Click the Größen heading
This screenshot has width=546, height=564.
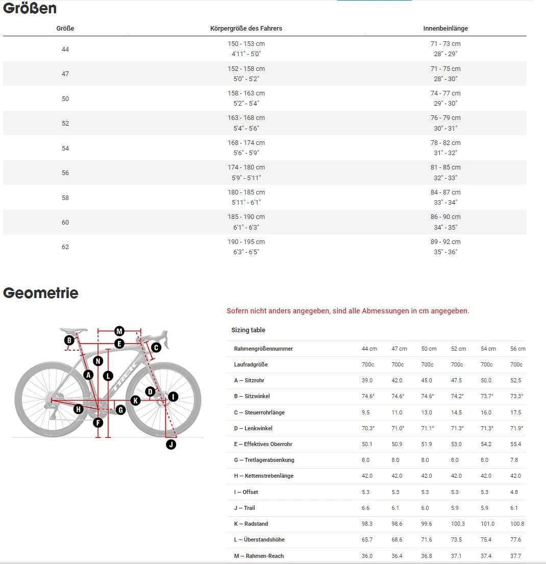pos(30,9)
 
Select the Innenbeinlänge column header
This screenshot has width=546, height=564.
pos(445,29)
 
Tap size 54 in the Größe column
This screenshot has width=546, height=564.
pos(65,148)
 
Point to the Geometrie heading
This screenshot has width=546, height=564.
pos(41,293)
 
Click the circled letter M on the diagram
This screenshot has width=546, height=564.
pos(119,330)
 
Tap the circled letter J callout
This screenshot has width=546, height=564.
pos(171,444)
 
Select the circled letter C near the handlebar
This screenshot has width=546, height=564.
pos(156,347)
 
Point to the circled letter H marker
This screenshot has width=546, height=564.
pos(78,408)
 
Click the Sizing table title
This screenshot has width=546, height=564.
pos(248,330)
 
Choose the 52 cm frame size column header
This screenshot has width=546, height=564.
pos(458,349)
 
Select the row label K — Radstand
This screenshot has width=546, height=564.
pos(251,524)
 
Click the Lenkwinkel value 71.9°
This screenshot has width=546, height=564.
pos(517,428)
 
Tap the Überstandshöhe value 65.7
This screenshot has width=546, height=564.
pos(367,540)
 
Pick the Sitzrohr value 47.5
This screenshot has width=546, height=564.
pos(456,380)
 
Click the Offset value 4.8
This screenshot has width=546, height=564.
pos(514,492)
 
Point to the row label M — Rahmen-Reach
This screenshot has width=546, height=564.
pos(259,556)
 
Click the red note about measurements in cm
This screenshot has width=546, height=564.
pos(348,311)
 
